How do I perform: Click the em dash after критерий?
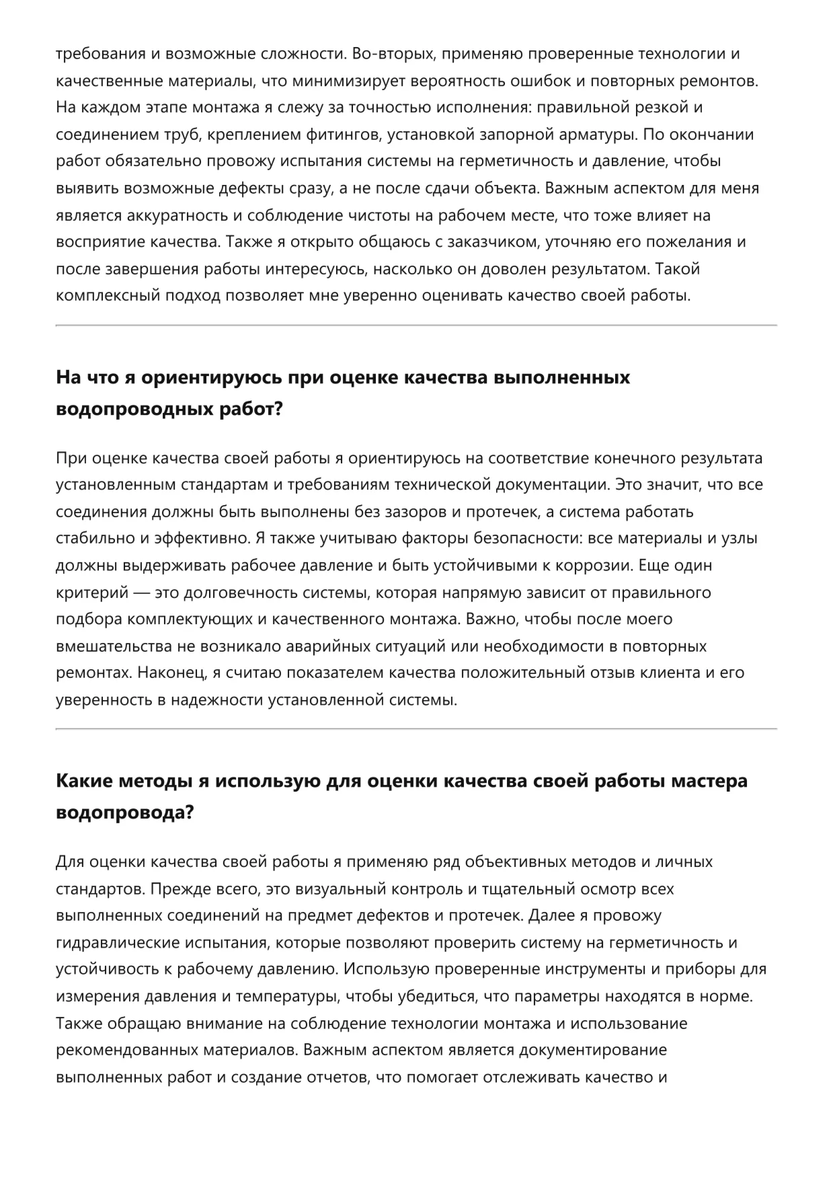[x=141, y=593]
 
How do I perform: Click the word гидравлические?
[x=120, y=942]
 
